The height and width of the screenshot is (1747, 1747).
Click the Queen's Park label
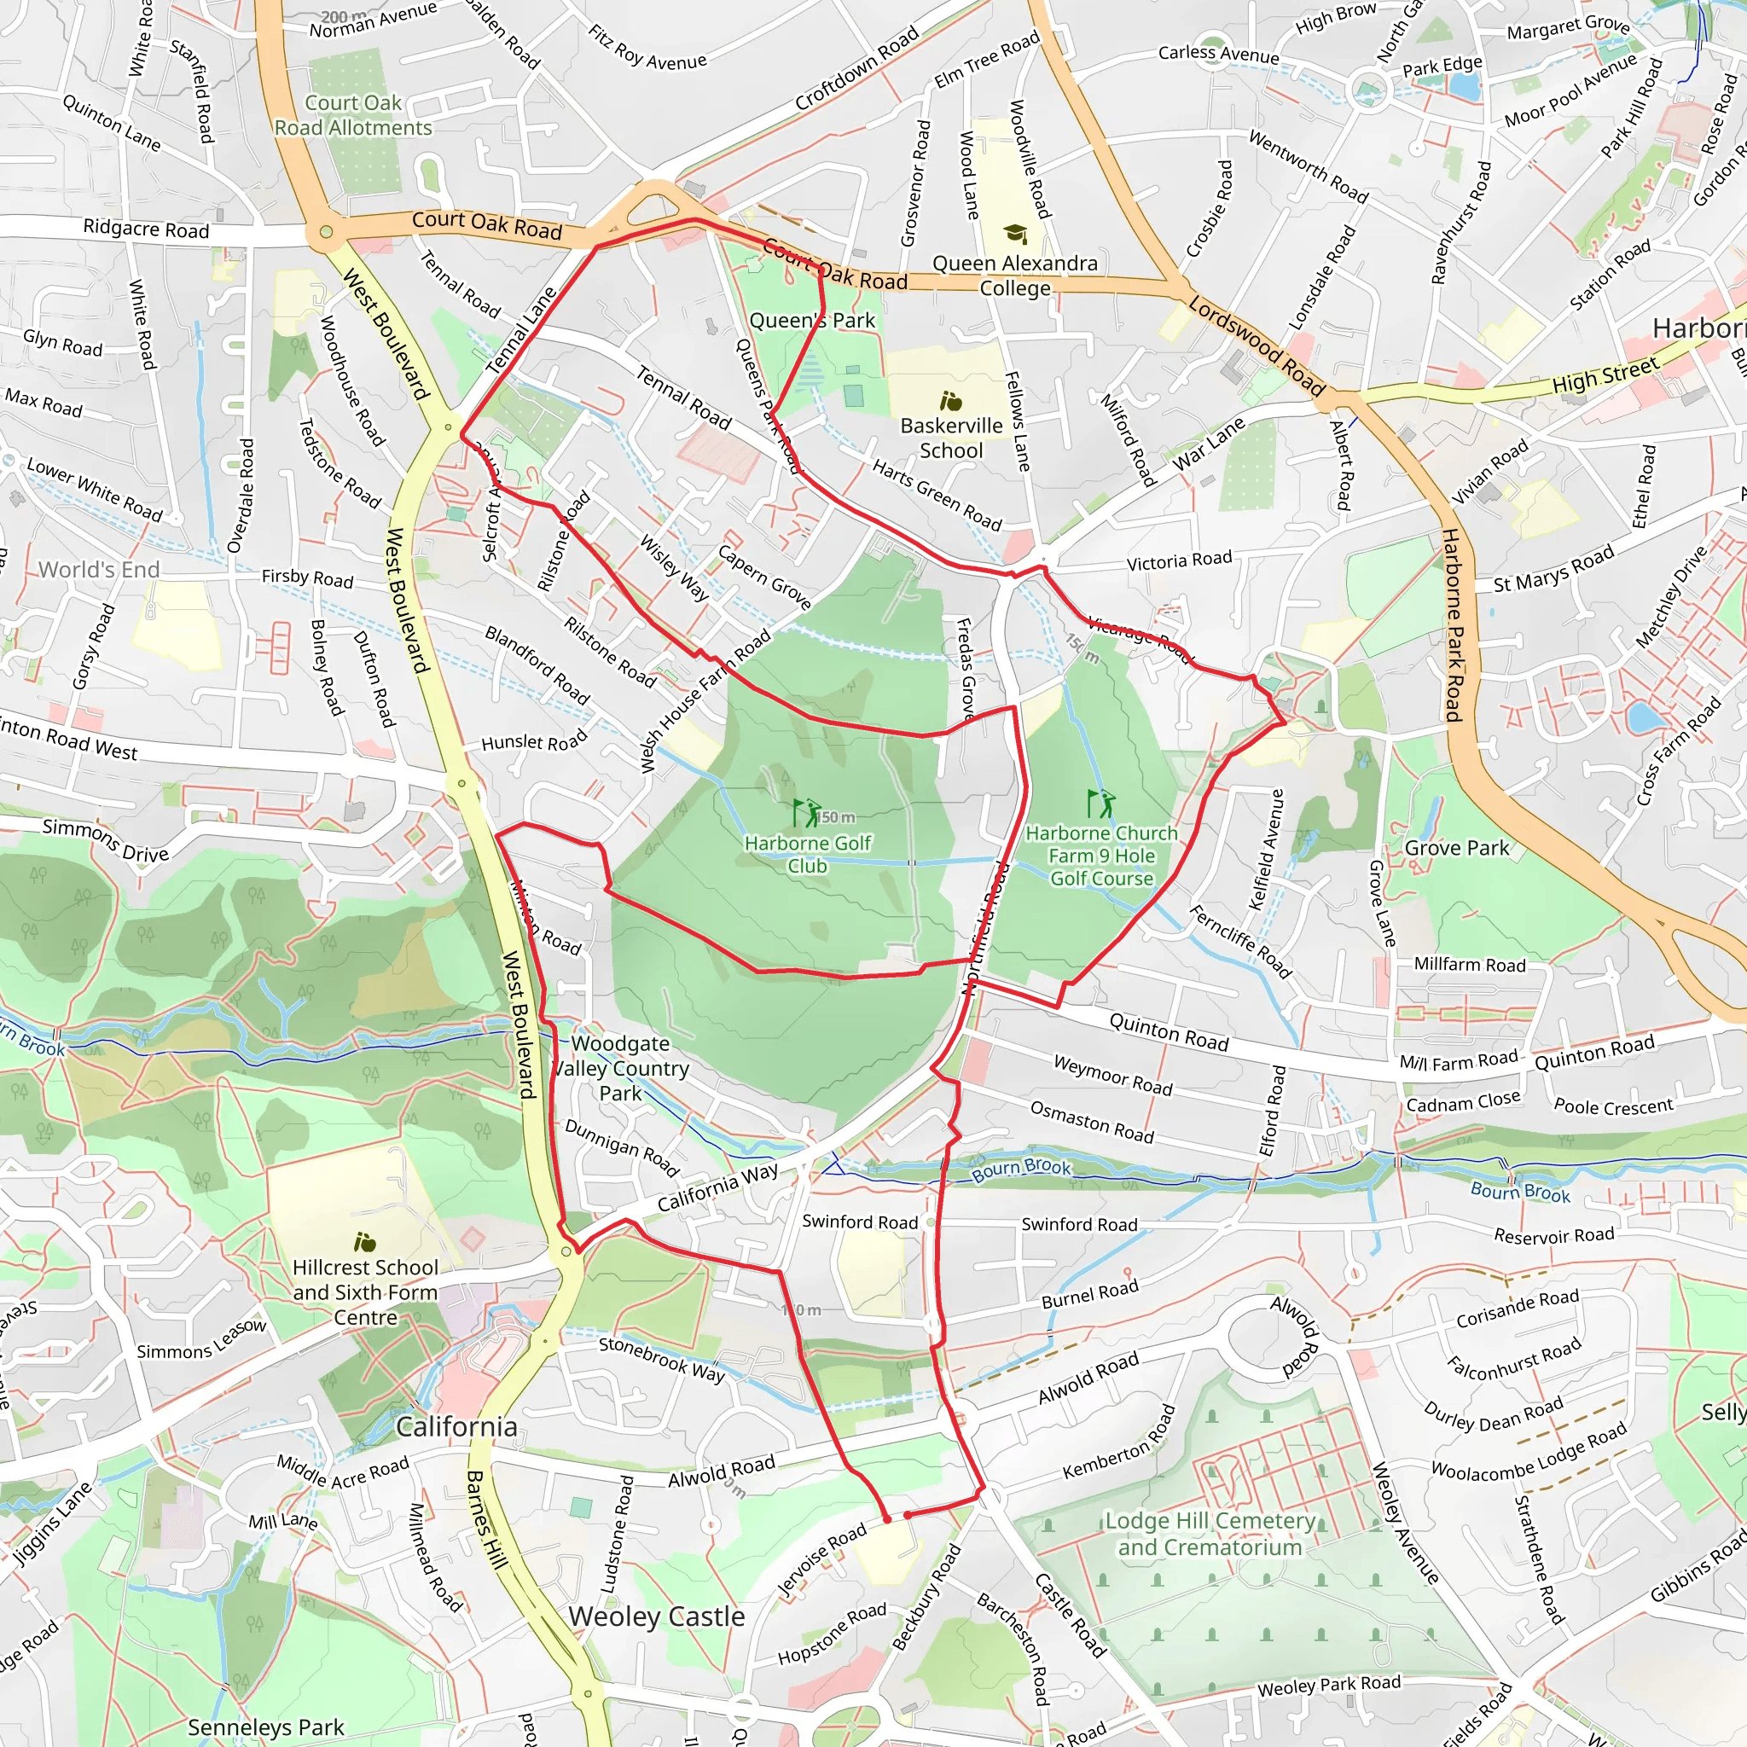click(812, 320)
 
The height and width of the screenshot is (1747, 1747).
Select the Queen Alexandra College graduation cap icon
click(1015, 235)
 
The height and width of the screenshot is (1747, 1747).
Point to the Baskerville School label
click(951, 438)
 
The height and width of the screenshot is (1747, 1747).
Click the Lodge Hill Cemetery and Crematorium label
click(1210, 1534)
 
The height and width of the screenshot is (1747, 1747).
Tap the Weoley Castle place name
click(657, 1616)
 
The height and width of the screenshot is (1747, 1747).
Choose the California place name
click(456, 1426)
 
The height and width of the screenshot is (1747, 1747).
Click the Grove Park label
click(1456, 848)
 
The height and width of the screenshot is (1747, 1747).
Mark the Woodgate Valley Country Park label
click(621, 1068)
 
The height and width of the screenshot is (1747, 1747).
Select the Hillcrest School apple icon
click(365, 1241)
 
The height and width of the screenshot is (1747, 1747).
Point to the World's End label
click(100, 570)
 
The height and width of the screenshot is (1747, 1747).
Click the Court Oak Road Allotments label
click(353, 116)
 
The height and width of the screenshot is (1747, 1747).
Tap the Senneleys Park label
click(266, 1727)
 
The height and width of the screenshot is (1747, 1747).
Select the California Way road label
click(718, 1187)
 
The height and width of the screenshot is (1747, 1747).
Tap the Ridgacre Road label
click(146, 229)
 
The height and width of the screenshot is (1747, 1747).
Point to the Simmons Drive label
click(106, 840)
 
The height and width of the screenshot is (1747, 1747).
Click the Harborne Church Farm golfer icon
click(1100, 803)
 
